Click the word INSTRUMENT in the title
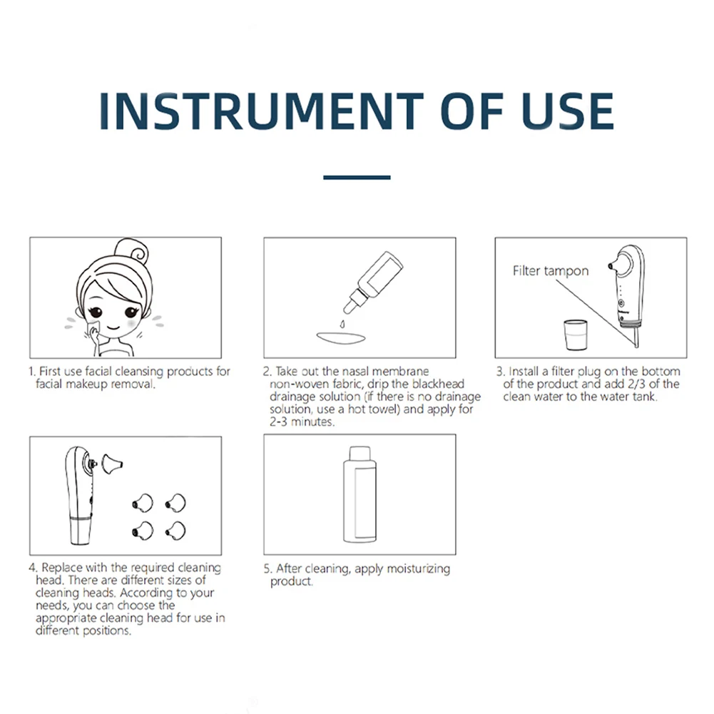click(x=261, y=111)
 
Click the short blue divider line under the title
click(x=357, y=177)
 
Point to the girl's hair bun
click(x=131, y=251)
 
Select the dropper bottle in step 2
click(x=373, y=282)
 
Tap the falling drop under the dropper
click(x=342, y=325)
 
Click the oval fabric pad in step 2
click(x=341, y=338)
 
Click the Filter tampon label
click(x=551, y=271)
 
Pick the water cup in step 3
click(x=576, y=335)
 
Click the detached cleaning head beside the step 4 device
click(x=112, y=464)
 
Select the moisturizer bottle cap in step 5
click(x=359, y=454)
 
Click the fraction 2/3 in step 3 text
click(x=636, y=384)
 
